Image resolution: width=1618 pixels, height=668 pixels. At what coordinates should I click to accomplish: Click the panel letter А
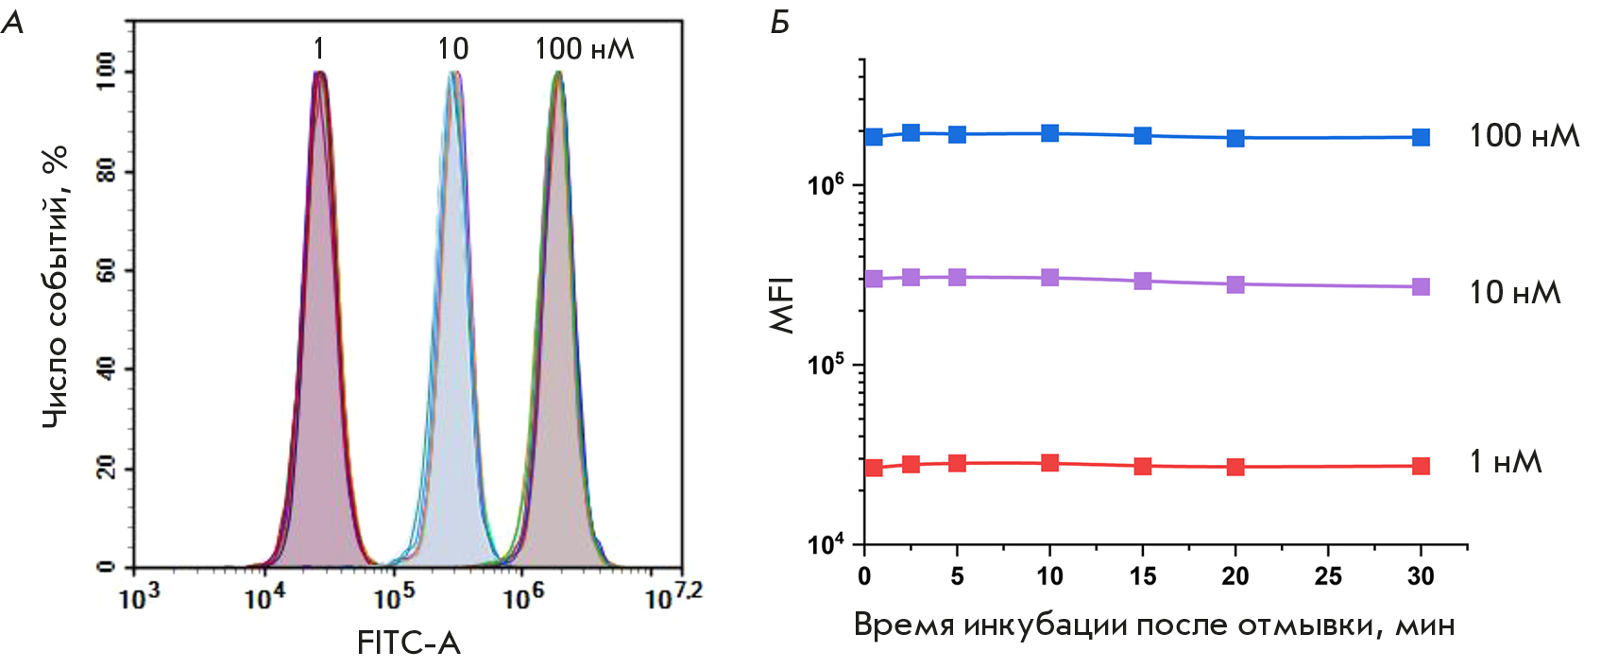(13, 23)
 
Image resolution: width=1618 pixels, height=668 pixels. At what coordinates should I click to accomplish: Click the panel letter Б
(779, 23)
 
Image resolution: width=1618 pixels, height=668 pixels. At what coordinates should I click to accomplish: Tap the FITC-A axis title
(408, 643)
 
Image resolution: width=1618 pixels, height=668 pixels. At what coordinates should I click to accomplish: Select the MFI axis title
(783, 304)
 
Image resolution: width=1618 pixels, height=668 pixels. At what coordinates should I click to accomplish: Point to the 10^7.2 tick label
(673, 596)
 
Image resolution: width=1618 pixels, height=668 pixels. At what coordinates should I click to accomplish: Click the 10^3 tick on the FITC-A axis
(138, 597)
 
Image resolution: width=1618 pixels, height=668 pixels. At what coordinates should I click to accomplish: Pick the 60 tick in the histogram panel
(106, 271)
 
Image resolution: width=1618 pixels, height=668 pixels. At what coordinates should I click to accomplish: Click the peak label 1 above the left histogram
(319, 48)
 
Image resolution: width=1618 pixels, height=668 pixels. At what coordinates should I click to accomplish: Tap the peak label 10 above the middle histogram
(452, 48)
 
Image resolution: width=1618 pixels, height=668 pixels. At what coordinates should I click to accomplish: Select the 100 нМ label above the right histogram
(584, 48)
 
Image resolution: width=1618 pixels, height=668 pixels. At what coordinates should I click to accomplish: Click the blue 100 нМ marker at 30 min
(1421, 137)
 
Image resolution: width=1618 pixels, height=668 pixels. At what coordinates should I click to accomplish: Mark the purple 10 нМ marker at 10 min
(1049, 278)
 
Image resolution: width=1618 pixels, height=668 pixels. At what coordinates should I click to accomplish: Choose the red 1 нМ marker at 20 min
(1235, 467)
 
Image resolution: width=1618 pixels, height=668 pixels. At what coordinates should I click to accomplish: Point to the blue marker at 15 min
(1143, 135)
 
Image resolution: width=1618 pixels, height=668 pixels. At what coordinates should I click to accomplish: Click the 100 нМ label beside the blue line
(1524, 136)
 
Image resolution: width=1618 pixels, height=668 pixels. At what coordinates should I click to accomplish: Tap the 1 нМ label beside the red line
(1506, 462)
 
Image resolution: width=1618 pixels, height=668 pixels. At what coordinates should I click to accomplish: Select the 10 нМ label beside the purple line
(1514, 293)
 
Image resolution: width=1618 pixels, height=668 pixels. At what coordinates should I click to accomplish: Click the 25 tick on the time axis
(1328, 576)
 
